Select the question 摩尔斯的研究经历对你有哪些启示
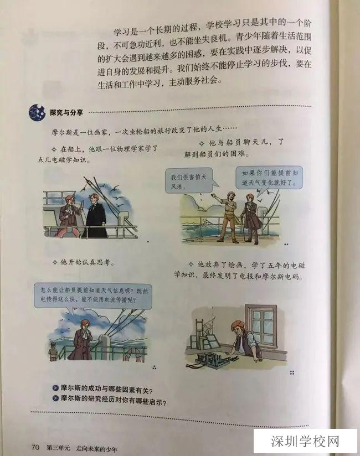tap(117, 398)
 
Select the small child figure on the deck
tap(53, 351)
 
